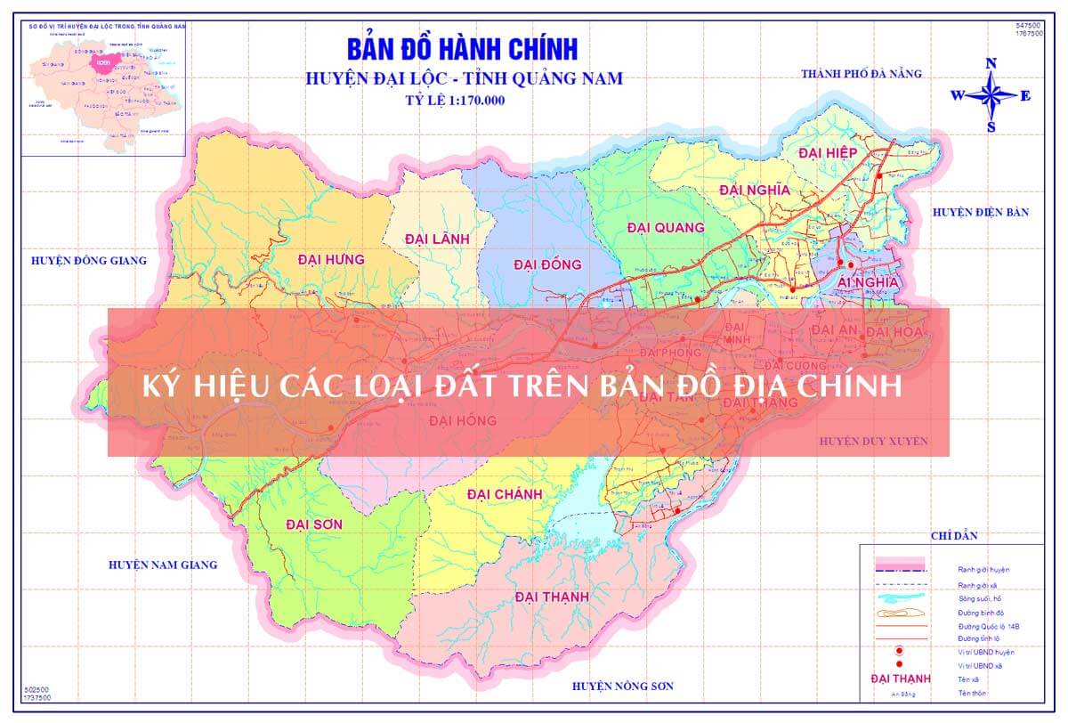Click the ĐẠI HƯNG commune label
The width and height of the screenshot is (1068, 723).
point(332,259)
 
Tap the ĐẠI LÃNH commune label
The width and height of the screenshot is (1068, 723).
point(436,239)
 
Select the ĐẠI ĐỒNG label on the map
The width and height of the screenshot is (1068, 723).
point(547,264)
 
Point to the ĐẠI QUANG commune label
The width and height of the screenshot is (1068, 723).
point(666,228)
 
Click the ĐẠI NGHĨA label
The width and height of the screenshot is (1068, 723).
point(755,190)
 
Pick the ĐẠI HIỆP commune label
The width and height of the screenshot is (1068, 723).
point(828,153)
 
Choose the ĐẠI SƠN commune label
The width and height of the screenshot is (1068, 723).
point(314,524)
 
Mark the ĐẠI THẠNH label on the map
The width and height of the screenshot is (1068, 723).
point(552,597)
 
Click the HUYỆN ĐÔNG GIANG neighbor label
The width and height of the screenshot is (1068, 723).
point(88,261)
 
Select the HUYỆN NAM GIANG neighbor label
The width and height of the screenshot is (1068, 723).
point(163,565)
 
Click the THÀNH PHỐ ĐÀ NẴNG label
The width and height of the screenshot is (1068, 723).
point(862,73)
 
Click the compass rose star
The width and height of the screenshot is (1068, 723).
point(991,94)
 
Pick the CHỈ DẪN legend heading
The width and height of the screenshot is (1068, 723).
point(954,535)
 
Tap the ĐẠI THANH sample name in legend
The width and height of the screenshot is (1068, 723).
point(901,679)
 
